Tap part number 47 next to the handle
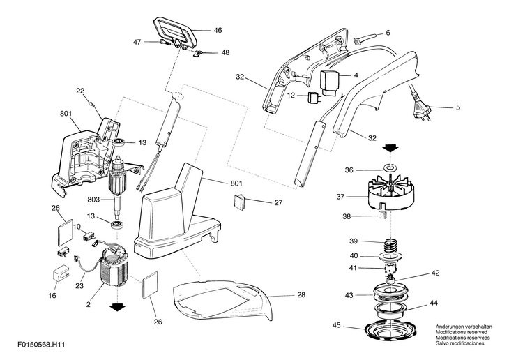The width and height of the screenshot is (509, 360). (x=137, y=42)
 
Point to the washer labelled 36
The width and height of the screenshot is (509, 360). (x=389, y=169)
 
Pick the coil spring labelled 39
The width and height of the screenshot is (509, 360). (x=391, y=244)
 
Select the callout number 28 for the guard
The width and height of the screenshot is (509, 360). (x=301, y=295)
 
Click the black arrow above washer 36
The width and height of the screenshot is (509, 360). (x=389, y=149)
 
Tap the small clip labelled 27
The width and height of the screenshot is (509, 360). (x=239, y=202)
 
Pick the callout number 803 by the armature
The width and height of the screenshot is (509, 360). (x=94, y=199)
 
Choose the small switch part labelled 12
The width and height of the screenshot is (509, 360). (x=311, y=97)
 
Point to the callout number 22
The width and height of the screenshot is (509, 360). (x=80, y=90)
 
